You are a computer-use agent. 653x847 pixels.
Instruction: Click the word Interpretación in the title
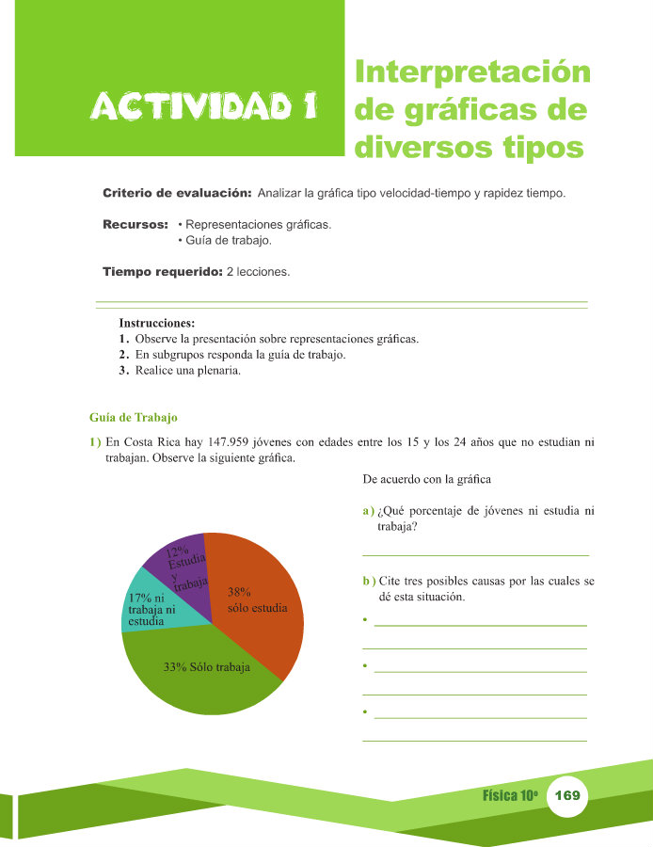coord(473,72)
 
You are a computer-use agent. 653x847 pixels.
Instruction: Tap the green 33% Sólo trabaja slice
coord(202,673)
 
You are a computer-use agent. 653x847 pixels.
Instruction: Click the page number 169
coord(567,796)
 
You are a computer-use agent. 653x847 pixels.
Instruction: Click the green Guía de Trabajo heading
coord(133,417)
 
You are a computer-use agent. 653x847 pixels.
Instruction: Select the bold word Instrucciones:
coord(156,323)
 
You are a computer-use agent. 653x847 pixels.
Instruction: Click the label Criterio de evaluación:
coord(176,193)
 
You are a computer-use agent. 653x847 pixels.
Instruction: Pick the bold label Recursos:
coord(135,226)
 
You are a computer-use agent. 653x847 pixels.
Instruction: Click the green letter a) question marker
coord(369,511)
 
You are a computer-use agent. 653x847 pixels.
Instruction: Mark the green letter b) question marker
coord(369,581)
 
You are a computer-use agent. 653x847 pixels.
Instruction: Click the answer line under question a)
coord(475,554)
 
